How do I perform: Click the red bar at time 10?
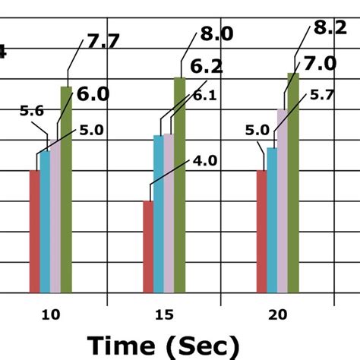pos(34,232)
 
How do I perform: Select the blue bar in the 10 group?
pos(45,222)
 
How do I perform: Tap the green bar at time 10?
pos(66,190)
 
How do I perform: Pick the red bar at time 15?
pos(148,247)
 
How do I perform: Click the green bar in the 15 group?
pos(179,185)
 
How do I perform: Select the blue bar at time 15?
pos(159,214)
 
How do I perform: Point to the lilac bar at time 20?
pos(283,201)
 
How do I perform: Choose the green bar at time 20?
pos(293,182)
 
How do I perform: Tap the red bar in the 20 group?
pos(261,232)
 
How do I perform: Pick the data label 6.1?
pos(203,96)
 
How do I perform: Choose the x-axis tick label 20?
pos(277,314)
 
